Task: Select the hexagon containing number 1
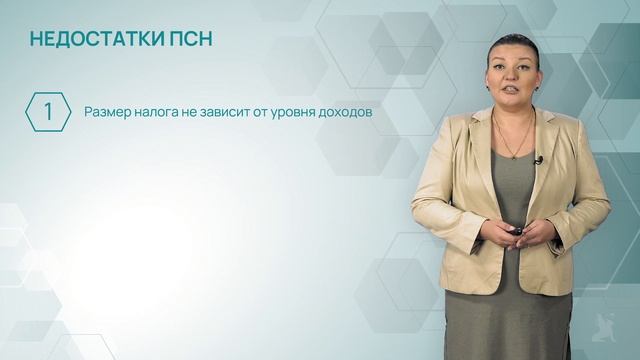click(47, 113)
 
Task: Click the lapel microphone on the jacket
click(537, 158)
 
